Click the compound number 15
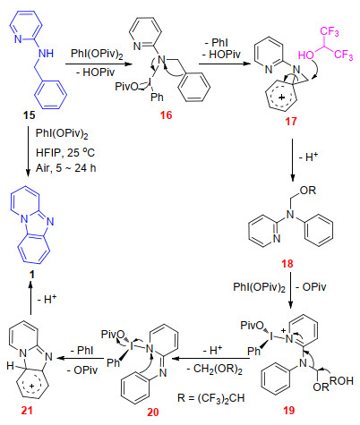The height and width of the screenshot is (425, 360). (29, 115)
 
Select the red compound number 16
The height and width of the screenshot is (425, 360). (166, 115)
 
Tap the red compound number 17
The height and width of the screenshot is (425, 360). (291, 121)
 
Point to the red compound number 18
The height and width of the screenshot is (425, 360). (287, 264)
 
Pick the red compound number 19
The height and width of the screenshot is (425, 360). (289, 411)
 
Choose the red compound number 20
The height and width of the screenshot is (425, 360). (153, 412)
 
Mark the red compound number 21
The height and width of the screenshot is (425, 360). (27, 411)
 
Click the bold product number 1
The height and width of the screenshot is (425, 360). (32, 275)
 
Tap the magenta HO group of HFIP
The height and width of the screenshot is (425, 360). (306, 55)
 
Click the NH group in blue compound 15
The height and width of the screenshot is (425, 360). (46, 54)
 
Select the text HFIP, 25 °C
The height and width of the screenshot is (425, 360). (65, 152)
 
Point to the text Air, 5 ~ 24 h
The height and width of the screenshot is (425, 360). (66, 168)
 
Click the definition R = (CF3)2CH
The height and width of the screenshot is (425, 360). (210, 398)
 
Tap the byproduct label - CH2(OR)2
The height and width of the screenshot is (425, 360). (215, 370)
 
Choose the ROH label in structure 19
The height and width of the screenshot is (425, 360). (341, 381)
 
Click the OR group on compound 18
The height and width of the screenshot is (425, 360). (308, 190)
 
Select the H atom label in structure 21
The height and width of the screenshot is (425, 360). (11, 365)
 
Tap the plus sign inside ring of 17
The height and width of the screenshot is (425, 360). (281, 98)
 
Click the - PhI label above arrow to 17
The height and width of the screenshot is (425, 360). (217, 43)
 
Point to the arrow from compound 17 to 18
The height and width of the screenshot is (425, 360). (292, 160)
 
